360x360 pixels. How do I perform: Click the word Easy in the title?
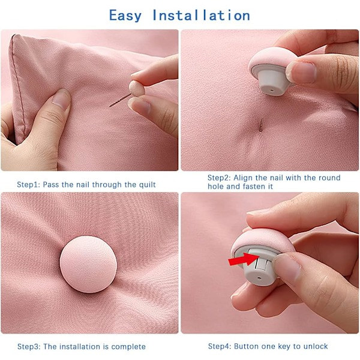125,16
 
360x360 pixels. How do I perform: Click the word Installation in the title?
201,16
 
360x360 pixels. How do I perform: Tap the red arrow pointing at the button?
244,259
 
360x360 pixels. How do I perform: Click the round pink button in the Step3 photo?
88,264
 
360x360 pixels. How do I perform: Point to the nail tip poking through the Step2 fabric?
261,125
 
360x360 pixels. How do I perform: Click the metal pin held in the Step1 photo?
120,100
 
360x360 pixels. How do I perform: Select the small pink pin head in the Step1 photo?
137,88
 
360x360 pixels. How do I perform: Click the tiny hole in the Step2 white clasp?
272,91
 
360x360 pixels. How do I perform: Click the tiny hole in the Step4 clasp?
259,278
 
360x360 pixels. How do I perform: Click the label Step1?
29,185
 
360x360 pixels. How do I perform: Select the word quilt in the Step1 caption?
148,185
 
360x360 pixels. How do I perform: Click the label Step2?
219,178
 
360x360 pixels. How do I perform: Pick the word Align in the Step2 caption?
244,178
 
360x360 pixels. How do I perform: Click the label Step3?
29,346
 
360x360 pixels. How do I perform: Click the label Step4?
220,346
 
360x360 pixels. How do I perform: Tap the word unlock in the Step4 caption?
315,346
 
